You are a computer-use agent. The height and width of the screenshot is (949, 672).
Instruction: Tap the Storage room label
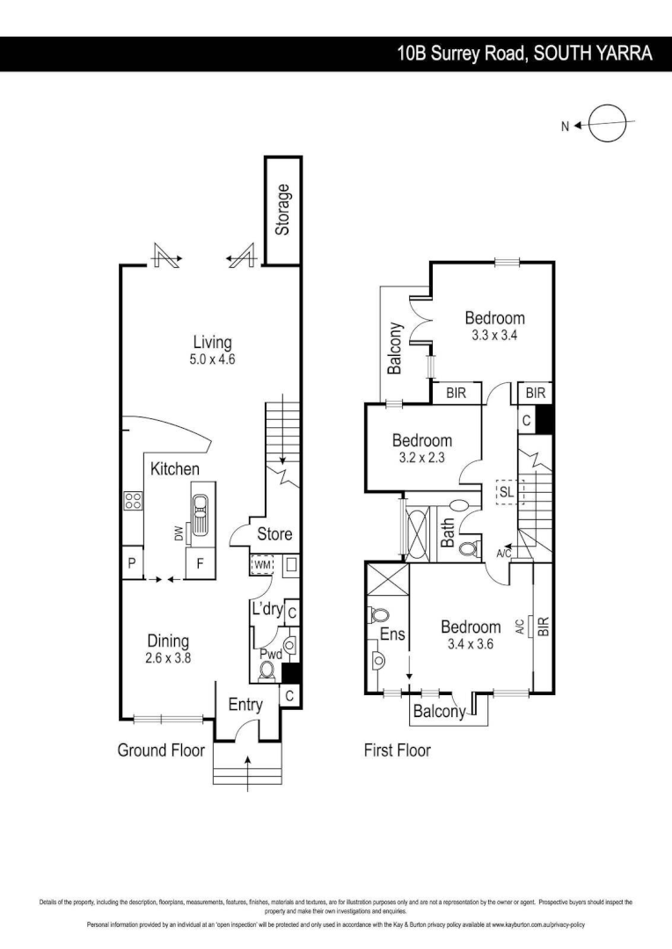pos(282,210)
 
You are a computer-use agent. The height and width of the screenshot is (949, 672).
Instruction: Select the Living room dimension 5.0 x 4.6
pos(213,359)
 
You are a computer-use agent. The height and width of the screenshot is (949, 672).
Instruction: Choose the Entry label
pos(245,705)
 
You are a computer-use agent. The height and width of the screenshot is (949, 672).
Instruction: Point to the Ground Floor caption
pos(161,750)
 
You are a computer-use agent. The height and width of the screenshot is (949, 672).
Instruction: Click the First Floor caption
pos(398,750)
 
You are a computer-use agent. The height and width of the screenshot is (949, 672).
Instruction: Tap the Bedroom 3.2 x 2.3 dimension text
pos(422,457)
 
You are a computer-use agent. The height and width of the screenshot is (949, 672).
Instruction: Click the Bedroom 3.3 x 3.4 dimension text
pos(495,335)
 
